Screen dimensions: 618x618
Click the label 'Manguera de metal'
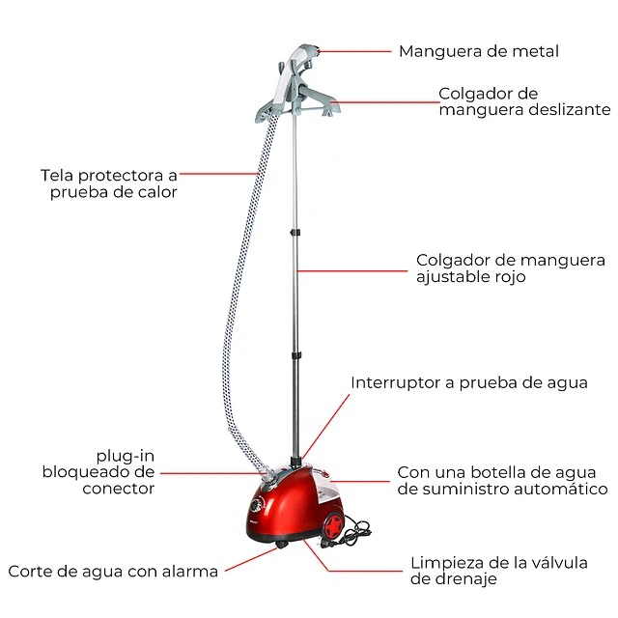pos(479,51)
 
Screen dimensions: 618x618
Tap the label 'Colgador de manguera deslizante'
pos(524,101)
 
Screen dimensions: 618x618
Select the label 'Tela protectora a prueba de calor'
pos(109,183)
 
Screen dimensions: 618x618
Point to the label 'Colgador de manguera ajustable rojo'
pos(511,268)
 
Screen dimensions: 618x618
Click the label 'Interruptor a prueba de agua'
pos(469,382)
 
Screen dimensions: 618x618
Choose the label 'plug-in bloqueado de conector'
pos(98,472)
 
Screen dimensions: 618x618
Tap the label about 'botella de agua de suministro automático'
pos(502,481)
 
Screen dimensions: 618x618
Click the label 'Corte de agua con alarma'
pos(113,571)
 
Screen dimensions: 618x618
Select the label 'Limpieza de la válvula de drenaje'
pos(499,571)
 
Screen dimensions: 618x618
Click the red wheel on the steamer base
pos(333,525)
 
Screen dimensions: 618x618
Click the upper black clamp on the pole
pos(295,233)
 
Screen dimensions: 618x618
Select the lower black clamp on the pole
pos(295,355)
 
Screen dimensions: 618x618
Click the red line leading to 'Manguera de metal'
pos(354,51)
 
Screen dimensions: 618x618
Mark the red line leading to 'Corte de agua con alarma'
pos(251,559)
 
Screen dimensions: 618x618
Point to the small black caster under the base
pos(281,545)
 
